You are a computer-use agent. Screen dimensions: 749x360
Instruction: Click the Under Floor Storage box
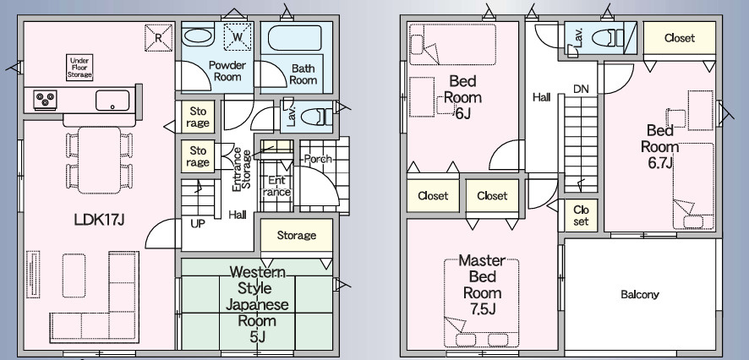click(x=79, y=68)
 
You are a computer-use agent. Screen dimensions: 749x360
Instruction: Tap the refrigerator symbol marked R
click(x=158, y=37)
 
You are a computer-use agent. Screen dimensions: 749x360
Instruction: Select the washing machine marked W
click(x=238, y=36)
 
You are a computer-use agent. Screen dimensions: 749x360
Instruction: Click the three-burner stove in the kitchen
click(x=46, y=100)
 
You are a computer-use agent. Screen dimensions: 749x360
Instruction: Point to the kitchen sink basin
click(x=112, y=101)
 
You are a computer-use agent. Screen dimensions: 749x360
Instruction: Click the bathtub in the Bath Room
click(x=294, y=38)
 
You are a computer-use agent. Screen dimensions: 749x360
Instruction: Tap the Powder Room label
click(x=227, y=71)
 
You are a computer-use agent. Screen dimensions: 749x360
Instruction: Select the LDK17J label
click(x=100, y=220)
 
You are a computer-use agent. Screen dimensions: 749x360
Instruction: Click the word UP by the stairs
click(x=197, y=223)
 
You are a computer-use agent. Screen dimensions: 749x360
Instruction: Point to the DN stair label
click(x=581, y=89)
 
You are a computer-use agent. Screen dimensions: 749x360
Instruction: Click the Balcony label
click(x=640, y=295)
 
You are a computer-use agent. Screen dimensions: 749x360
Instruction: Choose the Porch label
click(x=318, y=159)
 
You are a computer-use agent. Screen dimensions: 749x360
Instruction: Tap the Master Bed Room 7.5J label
click(x=482, y=285)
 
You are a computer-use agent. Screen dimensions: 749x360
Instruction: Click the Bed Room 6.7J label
click(x=659, y=146)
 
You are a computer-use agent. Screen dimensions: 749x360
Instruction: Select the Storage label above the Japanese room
click(x=297, y=236)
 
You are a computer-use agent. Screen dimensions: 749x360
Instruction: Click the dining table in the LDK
click(x=100, y=160)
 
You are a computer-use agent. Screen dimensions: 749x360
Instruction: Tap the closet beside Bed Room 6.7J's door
click(x=581, y=215)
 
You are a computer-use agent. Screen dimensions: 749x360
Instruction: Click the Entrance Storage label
click(x=241, y=171)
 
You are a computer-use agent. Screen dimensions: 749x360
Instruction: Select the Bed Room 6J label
click(x=462, y=97)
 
